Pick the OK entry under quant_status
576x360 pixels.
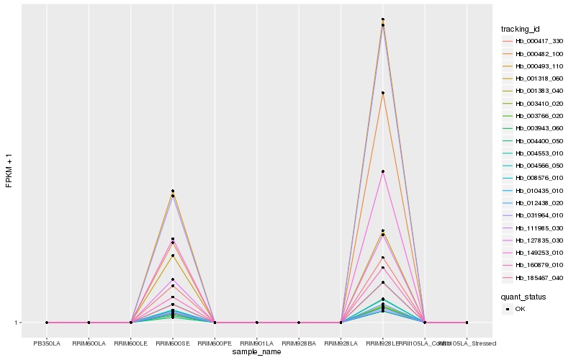click(520, 308)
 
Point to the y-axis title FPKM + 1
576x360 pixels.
click(9, 171)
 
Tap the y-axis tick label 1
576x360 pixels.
click(17, 323)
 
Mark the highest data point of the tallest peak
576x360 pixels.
click(383, 19)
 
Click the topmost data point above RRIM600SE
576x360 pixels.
click(173, 191)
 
